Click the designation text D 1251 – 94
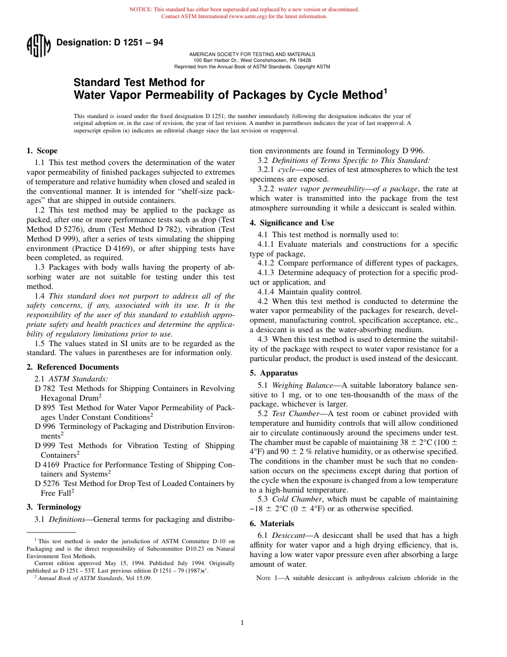click(x=109, y=43)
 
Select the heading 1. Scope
click(x=42, y=151)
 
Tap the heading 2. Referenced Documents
click(x=73, y=367)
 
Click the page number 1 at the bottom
click(x=242, y=622)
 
